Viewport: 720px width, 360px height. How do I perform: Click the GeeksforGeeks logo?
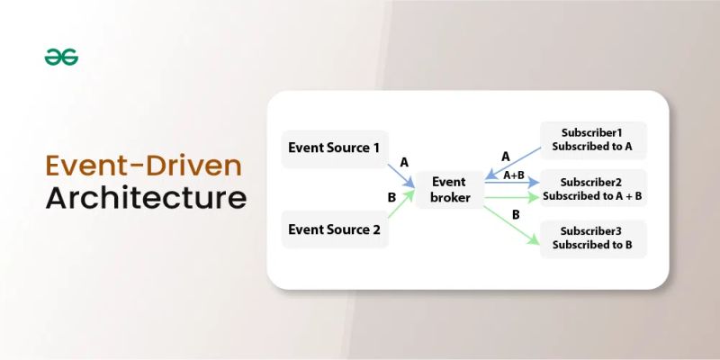pyautogui.click(x=61, y=57)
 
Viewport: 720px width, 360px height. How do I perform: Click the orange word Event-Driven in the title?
pyautogui.click(x=144, y=167)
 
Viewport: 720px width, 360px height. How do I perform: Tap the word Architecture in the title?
pyautogui.click(x=146, y=197)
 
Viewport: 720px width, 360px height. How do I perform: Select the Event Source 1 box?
pyautogui.click(x=334, y=148)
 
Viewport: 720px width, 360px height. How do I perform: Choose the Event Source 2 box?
pyautogui.click(x=334, y=229)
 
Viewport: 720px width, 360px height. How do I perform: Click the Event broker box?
pyautogui.click(x=449, y=189)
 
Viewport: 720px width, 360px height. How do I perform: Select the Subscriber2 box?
pyautogui.click(x=592, y=188)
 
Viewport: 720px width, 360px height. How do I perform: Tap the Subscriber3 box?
pyautogui.click(x=592, y=237)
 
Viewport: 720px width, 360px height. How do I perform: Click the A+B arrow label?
pyautogui.click(x=514, y=175)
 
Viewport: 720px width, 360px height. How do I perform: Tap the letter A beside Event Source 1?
pyautogui.click(x=404, y=162)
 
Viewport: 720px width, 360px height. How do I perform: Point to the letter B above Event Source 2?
pyautogui.click(x=391, y=196)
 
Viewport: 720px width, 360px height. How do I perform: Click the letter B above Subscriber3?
pyautogui.click(x=515, y=214)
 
